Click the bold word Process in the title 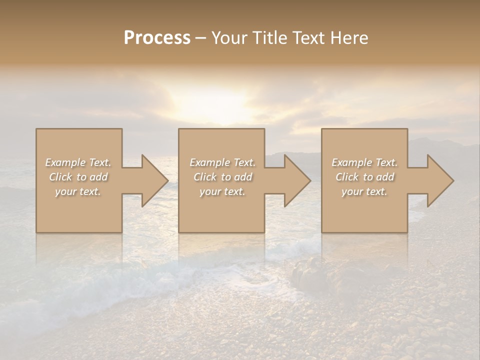pyautogui.click(x=157, y=38)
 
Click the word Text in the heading pyautogui.click(x=308, y=38)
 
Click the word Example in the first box pyautogui.click(x=65, y=162)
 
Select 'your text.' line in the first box pyautogui.click(x=78, y=191)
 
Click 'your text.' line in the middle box pyautogui.click(x=222, y=191)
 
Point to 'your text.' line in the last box pyautogui.click(x=364, y=191)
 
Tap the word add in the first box pyautogui.click(x=98, y=177)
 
